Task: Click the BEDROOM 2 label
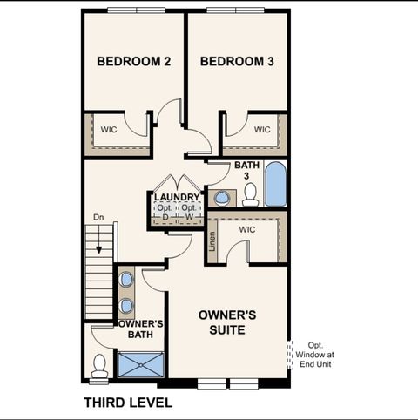[x=132, y=62]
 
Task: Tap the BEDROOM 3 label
[x=237, y=62]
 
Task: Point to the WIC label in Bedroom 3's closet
[x=262, y=130]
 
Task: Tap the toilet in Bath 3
[x=251, y=194]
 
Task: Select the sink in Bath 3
[x=221, y=198]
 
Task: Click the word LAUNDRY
[x=177, y=198]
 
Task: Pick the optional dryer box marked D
[x=165, y=213]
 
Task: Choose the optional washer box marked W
[x=188, y=213]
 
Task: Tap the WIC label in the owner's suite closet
[x=246, y=229]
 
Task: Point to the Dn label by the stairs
[x=98, y=217]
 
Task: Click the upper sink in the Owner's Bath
[x=128, y=280]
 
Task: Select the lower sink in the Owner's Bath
[x=128, y=306]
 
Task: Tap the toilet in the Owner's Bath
[x=99, y=366]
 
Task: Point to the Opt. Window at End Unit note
[x=313, y=355]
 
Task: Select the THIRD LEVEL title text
[x=127, y=403]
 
